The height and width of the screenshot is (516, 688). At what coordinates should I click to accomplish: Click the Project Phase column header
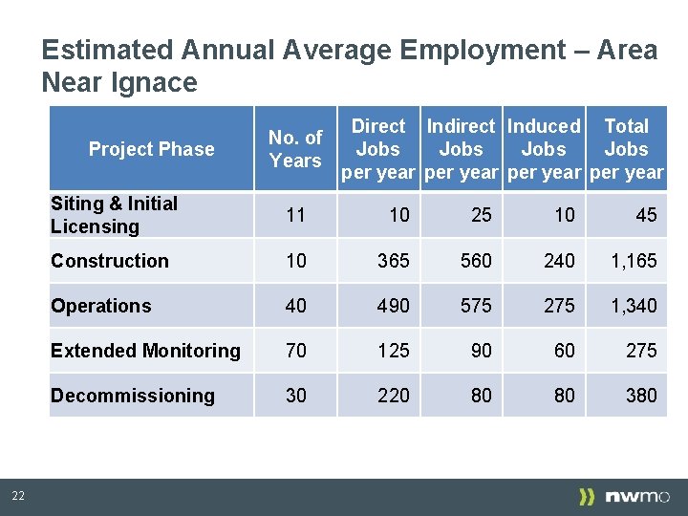(151, 149)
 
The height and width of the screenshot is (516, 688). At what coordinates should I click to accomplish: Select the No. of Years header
(295, 149)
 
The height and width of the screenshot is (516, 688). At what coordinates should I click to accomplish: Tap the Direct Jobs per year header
(378, 149)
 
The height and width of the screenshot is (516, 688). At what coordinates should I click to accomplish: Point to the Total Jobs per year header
(626, 149)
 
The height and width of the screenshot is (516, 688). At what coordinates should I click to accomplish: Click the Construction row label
(109, 261)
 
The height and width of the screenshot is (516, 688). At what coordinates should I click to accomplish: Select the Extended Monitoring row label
(145, 351)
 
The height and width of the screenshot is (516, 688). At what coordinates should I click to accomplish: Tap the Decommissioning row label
(132, 396)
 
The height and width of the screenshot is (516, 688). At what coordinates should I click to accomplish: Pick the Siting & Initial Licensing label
(114, 215)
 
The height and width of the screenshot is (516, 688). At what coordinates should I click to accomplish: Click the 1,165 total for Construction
(634, 261)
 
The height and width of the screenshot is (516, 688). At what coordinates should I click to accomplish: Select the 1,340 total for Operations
(634, 306)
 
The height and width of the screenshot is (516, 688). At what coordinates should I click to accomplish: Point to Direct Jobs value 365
(393, 261)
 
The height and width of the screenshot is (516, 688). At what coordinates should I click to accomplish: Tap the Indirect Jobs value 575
(476, 306)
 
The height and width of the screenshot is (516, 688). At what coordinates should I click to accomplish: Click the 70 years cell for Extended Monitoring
(296, 351)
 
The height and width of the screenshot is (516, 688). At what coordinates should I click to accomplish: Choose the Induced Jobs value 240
(559, 261)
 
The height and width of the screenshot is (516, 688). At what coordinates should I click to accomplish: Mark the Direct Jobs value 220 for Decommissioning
(393, 396)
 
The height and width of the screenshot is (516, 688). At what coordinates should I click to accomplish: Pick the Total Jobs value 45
(646, 215)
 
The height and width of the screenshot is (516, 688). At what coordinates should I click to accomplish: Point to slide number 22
(18, 495)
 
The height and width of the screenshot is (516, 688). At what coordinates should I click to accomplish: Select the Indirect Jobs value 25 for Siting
(482, 215)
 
